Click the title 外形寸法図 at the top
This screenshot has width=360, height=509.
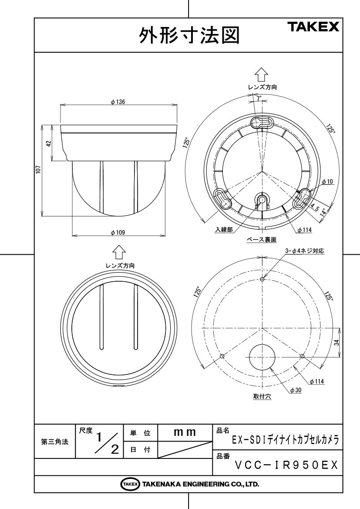pos(189,35)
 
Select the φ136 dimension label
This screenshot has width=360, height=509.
pos(118,102)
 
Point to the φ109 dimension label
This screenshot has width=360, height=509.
pos(118,233)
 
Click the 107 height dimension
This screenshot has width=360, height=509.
pos(38,170)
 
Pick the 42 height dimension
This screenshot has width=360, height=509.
pos(48,143)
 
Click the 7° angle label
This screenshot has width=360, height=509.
pos(259,98)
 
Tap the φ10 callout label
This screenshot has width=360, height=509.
pos(327,182)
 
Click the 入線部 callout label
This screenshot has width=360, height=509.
pos(224,229)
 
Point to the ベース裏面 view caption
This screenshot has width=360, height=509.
pos(261,239)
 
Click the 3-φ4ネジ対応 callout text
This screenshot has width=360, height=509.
pos(304,251)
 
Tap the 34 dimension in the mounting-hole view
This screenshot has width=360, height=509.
pos(336,342)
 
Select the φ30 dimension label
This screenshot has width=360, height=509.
pos(296,390)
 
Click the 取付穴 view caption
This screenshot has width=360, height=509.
pos(262,396)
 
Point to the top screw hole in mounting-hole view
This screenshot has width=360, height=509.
pos(262,279)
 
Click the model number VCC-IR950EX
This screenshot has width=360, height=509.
pos(286,465)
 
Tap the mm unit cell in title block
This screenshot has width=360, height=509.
pos(185,432)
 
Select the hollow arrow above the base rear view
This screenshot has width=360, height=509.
pos(261,74)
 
